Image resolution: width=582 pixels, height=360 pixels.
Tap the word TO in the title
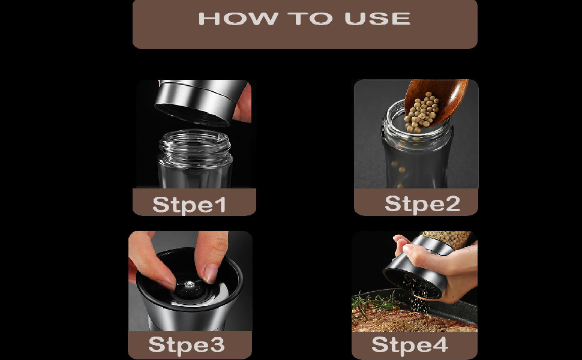(310, 19)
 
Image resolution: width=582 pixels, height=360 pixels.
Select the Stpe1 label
(189, 205)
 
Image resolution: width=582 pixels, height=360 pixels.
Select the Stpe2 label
(422, 203)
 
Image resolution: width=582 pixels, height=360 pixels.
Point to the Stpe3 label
(187, 344)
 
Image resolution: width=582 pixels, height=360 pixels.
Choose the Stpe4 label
(410, 344)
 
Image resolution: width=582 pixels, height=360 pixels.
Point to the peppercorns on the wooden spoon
(422, 112)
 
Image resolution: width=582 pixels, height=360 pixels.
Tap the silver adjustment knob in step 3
(189, 284)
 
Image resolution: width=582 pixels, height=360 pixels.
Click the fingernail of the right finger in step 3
(211, 273)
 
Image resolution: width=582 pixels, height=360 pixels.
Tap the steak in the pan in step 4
(408, 320)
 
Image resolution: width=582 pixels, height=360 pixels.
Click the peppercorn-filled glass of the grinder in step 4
(446, 239)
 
